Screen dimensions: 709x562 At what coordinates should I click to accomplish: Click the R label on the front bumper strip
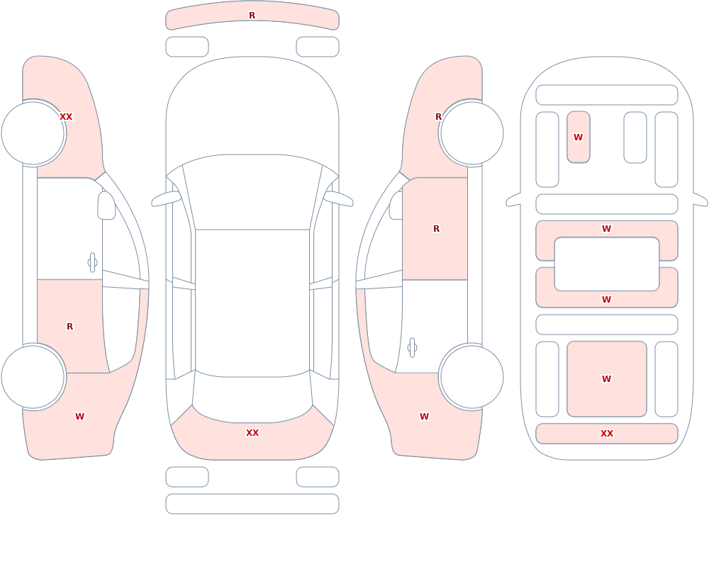(252, 16)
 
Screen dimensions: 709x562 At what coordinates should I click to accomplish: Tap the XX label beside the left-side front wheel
(66, 117)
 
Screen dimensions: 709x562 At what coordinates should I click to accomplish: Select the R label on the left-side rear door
(69, 327)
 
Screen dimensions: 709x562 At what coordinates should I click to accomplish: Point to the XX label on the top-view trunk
(252, 433)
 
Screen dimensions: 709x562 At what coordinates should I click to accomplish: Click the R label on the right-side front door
(436, 229)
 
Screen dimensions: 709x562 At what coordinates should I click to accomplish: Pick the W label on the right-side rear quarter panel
(424, 417)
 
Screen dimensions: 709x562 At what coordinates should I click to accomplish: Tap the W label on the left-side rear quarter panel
(79, 417)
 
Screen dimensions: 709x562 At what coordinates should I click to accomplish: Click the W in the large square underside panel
(607, 379)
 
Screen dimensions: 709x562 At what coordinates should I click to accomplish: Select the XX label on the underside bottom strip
(607, 433)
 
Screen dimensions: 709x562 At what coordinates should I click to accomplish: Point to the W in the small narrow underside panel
(579, 137)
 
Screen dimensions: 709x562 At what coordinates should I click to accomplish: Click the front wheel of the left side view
(33, 133)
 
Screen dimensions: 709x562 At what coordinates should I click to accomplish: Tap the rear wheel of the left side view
(33, 376)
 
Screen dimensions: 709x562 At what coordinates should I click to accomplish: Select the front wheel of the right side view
(472, 133)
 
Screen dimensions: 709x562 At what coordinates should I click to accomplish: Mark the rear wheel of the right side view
(472, 376)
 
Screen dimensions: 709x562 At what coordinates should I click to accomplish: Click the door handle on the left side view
(92, 263)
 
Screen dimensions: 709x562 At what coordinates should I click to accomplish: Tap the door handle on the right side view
(412, 348)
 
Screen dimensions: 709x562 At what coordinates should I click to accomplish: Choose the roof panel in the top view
(252, 303)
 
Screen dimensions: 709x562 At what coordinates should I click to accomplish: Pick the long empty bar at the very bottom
(252, 504)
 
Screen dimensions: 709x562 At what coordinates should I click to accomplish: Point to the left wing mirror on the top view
(166, 198)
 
